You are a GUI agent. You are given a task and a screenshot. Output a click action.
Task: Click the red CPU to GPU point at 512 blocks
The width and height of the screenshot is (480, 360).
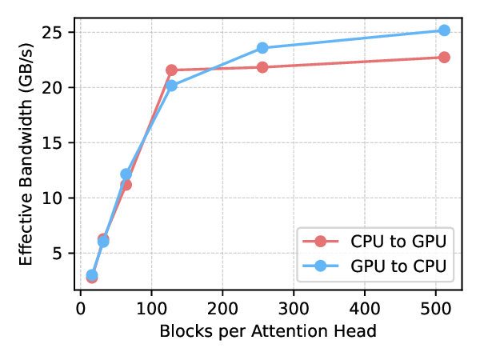[x=444, y=58]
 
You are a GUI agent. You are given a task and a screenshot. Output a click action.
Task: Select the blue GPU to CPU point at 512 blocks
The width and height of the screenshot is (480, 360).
[x=444, y=30]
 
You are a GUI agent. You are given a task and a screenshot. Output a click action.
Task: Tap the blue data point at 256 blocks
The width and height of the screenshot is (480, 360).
[x=262, y=48]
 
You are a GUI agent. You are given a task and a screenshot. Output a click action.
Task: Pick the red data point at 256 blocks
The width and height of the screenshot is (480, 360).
[x=262, y=67]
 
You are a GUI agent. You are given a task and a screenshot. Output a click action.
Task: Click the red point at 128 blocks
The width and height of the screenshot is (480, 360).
[x=171, y=70]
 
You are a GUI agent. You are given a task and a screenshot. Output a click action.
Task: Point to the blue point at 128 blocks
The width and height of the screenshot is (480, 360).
[x=171, y=86]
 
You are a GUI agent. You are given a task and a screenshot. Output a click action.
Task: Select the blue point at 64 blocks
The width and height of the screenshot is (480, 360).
[x=126, y=174]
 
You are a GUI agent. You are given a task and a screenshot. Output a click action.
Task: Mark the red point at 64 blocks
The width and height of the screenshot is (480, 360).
[x=126, y=185]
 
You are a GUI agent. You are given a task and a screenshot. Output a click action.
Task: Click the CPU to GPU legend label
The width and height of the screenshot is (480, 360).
[x=398, y=242]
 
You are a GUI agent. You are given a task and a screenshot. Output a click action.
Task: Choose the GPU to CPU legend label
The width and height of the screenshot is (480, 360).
[x=398, y=265]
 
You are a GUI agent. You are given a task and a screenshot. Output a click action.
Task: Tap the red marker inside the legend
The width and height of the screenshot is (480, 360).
[x=321, y=242]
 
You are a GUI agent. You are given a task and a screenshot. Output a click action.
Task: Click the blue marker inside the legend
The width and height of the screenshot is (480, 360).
[x=321, y=265]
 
